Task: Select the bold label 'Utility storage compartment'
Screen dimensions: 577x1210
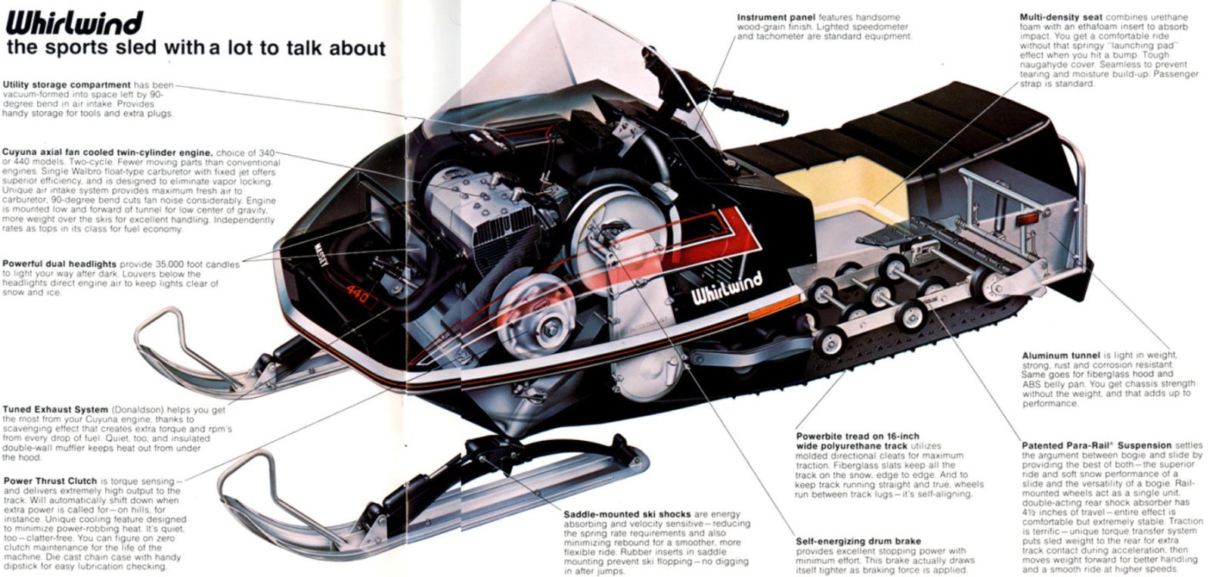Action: pyautogui.click(x=67, y=84)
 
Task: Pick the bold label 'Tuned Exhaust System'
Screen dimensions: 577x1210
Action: pyautogui.click(x=55, y=409)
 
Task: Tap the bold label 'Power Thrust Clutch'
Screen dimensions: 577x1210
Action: pyautogui.click(x=50, y=480)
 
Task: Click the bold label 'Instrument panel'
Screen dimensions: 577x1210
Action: pyautogui.click(x=777, y=17)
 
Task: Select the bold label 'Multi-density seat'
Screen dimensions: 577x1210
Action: pyautogui.click(x=1060, y=17)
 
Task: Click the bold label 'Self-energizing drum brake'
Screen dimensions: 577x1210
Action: pyautogui.click(x=858, y=541)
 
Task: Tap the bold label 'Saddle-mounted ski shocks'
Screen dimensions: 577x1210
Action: pyautogui.click(x=627, y=514)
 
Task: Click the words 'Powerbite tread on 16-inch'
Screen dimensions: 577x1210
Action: pyautogui.click(x=858, y=436)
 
